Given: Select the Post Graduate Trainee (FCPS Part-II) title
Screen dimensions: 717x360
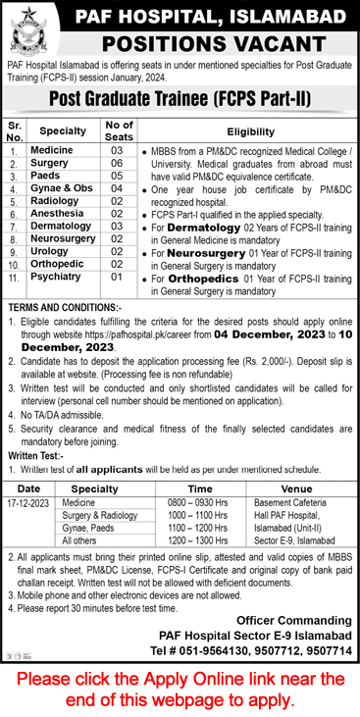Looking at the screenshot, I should tap(179, 100).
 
